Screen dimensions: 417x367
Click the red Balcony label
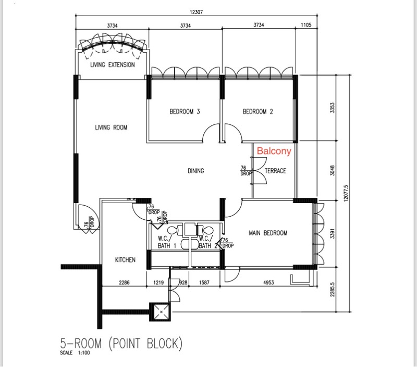tap(274, 151)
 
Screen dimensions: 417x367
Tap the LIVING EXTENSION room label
tap(113, 65)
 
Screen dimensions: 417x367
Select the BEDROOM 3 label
tap(185, 111)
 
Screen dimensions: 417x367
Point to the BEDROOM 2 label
tap(257, 111)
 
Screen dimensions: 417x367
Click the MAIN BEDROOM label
tap(268, 233)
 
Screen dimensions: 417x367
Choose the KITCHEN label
tap(125, 259)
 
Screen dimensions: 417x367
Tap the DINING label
tap(196, 171)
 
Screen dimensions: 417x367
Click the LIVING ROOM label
tap(111, 127)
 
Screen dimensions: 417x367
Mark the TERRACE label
tap(276, 171)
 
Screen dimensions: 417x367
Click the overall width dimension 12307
tap(197, 12)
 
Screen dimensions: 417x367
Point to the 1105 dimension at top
tap(306, 25)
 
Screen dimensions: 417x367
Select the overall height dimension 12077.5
tap(346, 194)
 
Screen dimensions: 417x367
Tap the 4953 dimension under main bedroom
tap(268, 282)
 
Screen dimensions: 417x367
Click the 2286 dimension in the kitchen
tap(124, 282)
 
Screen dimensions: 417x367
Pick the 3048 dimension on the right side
tap(332, 171)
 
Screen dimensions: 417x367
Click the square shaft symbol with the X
tap(161, 312)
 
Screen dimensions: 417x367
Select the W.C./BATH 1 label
tap(166, 242)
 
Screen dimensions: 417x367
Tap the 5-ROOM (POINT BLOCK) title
tap(121, 344)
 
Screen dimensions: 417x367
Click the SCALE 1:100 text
tap(75, 353)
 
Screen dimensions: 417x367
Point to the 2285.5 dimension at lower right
tap(332, 290)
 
